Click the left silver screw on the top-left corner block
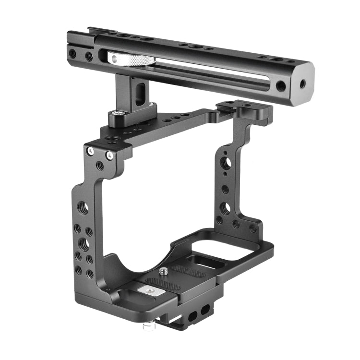(90, 152)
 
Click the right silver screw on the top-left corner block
(110, 155)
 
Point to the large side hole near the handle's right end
(280, 86)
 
